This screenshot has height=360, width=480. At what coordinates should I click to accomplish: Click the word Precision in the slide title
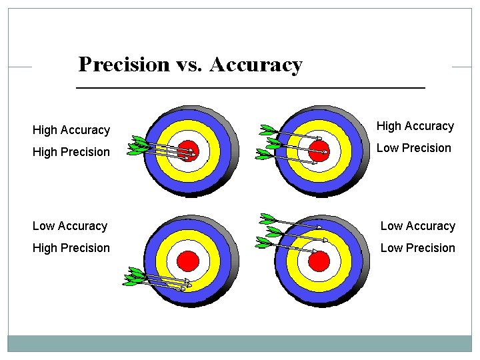124,65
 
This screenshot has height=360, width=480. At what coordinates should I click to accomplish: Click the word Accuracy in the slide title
256,65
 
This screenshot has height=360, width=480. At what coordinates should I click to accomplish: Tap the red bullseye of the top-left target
189,150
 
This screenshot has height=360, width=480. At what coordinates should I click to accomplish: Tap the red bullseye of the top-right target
319,150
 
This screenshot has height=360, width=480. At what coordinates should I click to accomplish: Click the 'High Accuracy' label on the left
71,130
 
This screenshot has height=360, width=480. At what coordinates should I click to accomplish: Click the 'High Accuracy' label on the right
415,126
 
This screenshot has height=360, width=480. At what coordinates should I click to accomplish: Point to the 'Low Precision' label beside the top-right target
413,148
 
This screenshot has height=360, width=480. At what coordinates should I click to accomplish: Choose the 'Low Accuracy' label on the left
70,226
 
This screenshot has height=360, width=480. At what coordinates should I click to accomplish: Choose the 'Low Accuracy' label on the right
417,226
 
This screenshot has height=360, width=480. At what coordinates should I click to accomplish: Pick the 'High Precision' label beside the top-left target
71,152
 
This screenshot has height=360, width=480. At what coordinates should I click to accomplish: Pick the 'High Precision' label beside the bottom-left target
71,248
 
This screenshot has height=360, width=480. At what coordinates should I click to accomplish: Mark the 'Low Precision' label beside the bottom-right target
417,248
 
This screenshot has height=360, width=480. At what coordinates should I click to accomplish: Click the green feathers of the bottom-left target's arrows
135,277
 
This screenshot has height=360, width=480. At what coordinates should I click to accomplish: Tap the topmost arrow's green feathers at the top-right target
269,130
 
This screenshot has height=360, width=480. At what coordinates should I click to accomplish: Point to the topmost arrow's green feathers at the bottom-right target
268,219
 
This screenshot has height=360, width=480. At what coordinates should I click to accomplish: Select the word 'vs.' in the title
190,65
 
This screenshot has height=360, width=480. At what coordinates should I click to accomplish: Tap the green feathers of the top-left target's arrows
139,145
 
